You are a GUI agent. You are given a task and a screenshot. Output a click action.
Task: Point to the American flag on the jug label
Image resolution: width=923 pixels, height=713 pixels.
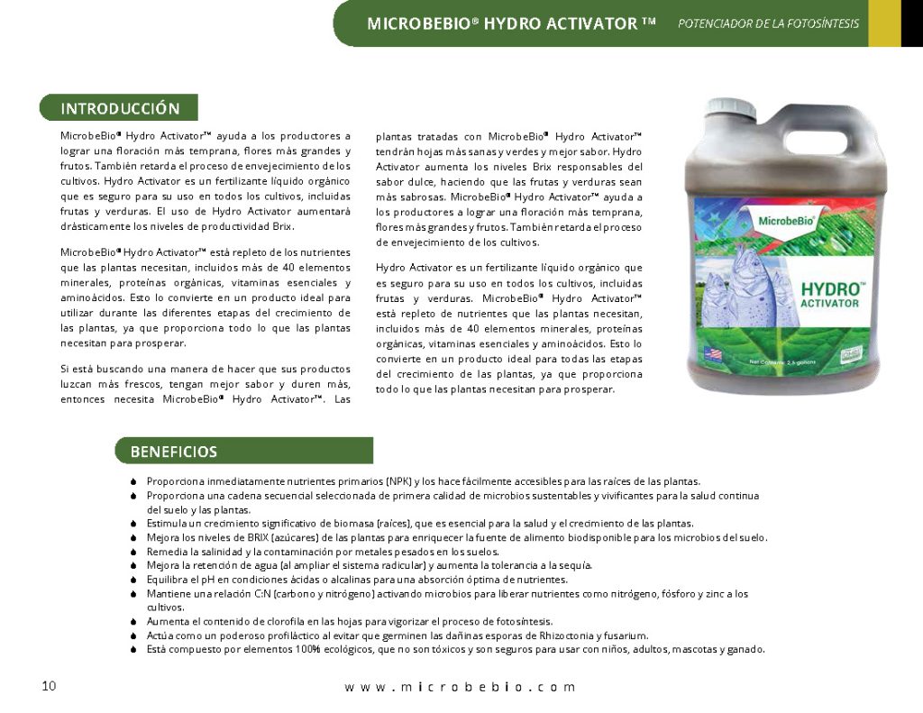[713, 354]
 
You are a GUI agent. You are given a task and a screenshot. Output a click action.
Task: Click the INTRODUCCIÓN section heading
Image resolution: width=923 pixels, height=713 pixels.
[120, 108]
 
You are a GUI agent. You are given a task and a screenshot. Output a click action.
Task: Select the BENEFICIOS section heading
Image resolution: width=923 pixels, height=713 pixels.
[174, 451]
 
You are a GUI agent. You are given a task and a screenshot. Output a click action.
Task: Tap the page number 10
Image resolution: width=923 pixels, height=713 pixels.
[49, 686]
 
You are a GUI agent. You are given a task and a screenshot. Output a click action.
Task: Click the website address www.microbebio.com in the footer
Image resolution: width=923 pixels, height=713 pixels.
[460, 687]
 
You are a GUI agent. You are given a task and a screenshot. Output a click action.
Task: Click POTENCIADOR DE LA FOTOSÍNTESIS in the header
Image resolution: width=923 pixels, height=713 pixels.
[768, 23]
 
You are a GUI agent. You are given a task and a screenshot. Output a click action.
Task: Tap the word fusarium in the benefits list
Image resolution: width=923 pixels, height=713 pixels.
[627, 635]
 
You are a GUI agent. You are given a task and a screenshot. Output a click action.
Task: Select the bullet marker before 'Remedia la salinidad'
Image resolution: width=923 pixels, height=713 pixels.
[133, 552]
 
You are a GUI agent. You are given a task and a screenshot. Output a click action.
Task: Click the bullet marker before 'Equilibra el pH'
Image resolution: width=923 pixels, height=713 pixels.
[133, 580]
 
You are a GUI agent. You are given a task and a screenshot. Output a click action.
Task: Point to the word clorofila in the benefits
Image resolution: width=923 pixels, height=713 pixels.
[270, 621]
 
